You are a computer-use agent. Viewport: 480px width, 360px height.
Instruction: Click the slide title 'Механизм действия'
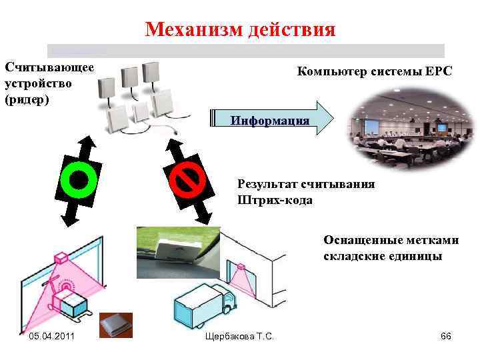[x=240, y=29]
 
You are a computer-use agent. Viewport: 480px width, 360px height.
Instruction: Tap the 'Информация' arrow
[x=270, y=120]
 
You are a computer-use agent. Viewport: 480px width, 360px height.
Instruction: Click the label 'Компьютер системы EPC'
[x=374, y=72]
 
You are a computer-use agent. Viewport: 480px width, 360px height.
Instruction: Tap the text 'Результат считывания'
[x=306, y=184]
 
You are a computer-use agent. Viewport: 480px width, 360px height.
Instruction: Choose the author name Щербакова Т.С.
[x=241, y=336]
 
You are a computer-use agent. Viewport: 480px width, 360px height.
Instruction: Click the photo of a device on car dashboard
[x=177, y=251]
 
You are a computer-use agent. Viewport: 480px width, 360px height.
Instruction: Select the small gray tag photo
[x=115, y=325]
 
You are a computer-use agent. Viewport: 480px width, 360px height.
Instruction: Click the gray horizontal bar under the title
[x=245, y=51]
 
